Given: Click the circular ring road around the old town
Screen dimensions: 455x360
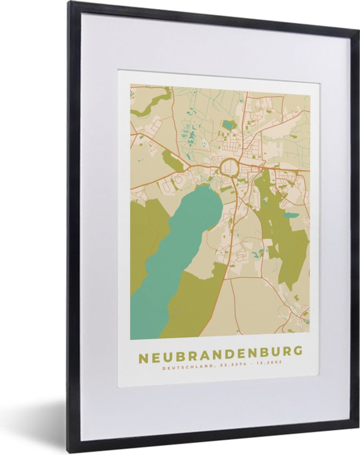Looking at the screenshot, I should pos(229,168).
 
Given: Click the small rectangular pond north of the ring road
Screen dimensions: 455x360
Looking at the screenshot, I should pos(228,125).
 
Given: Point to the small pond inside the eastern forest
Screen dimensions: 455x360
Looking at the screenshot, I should pos(292,216).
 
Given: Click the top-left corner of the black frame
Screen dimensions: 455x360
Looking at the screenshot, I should pos(70,3).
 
